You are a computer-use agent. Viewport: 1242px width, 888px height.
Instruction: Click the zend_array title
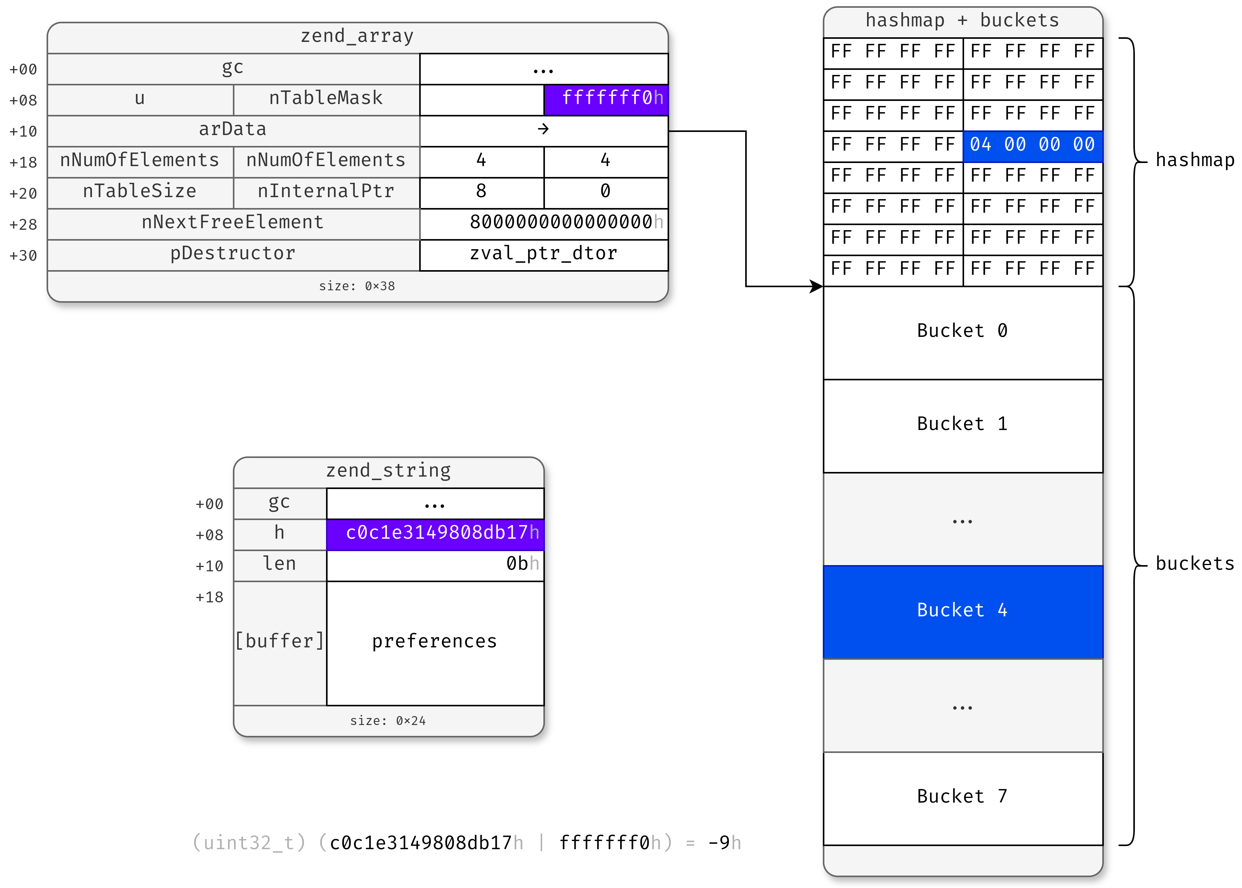point(357,36)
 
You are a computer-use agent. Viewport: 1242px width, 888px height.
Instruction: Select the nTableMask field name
point(326,99)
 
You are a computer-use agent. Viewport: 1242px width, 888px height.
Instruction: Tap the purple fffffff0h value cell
point(606,99)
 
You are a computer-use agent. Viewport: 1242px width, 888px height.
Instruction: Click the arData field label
point(233,130)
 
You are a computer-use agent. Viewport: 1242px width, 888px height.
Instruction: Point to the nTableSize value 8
point(481,191)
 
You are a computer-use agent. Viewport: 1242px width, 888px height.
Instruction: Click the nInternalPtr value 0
point(605,191)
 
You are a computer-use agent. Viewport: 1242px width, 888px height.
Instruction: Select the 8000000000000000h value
point(563,222)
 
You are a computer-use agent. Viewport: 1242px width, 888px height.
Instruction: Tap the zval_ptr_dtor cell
point(543,254)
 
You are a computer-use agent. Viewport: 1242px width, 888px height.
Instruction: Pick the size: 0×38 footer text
point(357,286)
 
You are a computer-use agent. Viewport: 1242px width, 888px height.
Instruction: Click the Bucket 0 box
point(962,331)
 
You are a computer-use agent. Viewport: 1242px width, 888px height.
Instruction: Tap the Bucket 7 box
point(962,797)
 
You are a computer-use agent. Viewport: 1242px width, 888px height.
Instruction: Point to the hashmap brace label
point(1194,160)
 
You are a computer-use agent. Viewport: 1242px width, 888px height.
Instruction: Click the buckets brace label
point(1194,564)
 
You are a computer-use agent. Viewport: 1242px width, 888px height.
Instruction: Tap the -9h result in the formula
point(723,843)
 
